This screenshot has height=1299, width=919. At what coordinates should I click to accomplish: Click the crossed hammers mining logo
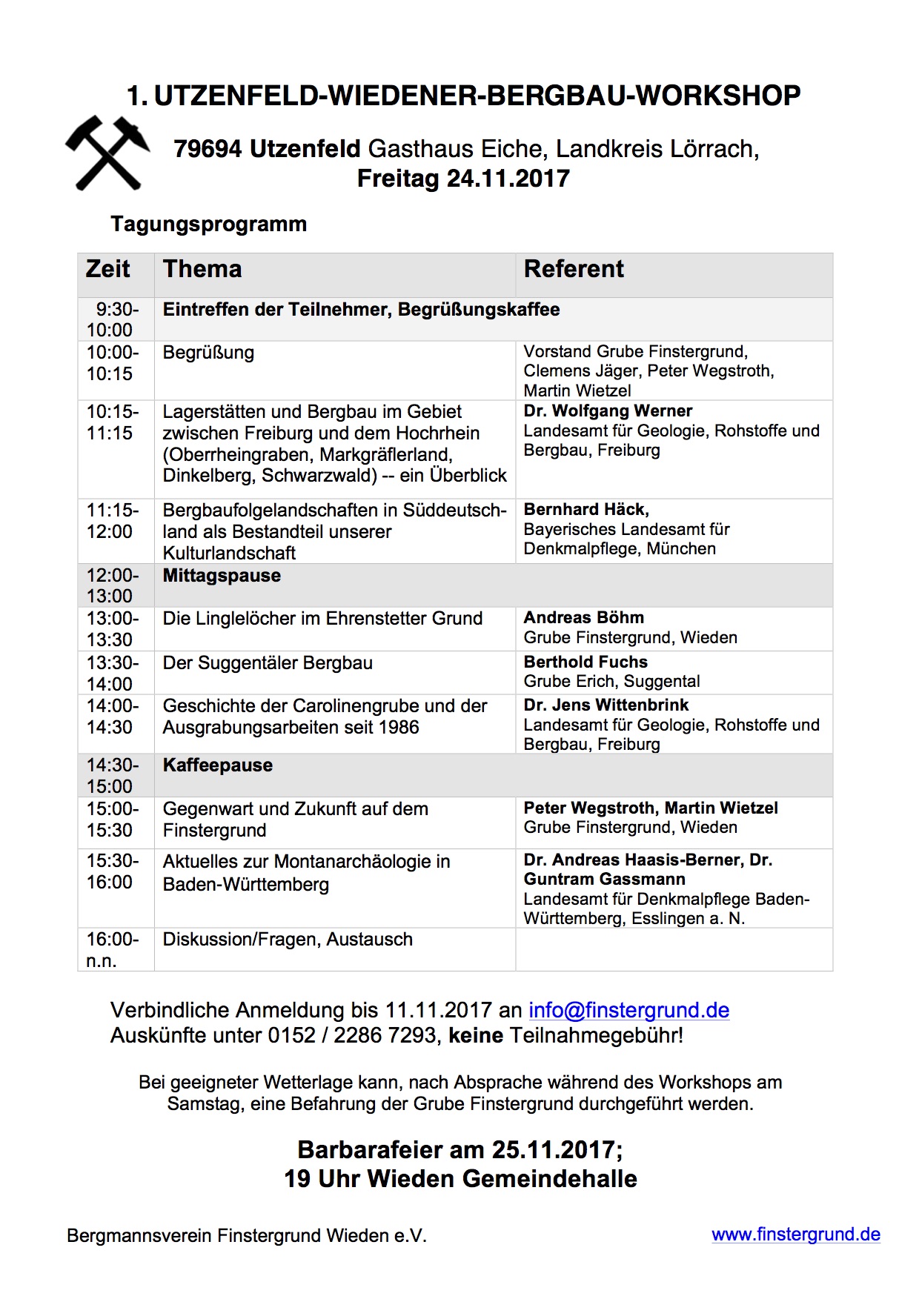[x=108, y=153]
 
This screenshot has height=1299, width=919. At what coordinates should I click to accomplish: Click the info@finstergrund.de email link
[x=628, y=1010]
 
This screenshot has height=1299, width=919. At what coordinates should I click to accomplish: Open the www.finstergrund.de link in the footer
[x=796, y=1235]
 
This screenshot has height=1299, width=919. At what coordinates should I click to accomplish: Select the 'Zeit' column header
[x=108, y=268]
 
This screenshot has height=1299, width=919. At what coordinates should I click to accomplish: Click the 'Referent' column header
[x=574, y=268]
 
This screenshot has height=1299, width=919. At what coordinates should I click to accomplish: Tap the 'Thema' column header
[x=202, y=268]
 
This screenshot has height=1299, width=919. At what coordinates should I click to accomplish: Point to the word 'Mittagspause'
[x=222, y=576]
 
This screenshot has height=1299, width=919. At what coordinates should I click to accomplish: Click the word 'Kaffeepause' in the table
[x=218, y=765]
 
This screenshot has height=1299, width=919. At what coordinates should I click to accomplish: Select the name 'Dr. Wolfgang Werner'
[x=608, y=411]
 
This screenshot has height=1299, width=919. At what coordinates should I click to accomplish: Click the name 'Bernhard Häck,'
[x=586, y=509]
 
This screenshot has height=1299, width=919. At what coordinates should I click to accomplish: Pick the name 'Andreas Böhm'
[x=584, y=617]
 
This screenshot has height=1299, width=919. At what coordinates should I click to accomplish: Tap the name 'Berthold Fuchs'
[x=585, y=662]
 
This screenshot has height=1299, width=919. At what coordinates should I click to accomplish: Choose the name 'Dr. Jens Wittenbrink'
[x=606, y=705]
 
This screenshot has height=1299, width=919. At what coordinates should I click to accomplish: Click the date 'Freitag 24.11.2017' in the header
[x=463, y=179]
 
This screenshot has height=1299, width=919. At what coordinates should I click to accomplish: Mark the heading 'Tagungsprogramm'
[x=208, y=224]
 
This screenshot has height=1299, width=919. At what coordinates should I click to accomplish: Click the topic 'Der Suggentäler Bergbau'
[x=268, y=662]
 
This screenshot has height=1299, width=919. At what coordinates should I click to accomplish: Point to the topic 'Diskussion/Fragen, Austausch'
[x=288, y=940]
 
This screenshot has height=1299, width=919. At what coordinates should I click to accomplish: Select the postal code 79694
[x=208, y=149]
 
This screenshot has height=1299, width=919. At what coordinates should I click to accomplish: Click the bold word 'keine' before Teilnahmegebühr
[x=476, y=1035]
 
